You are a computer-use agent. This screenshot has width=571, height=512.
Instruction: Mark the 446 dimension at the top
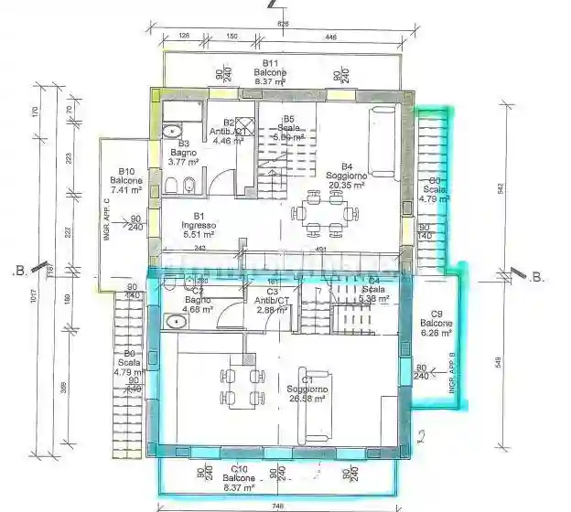tap(330, 37)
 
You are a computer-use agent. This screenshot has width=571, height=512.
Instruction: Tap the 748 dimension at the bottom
tap(276, 504)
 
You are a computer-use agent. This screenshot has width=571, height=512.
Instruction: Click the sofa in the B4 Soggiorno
tap(382, 143)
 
